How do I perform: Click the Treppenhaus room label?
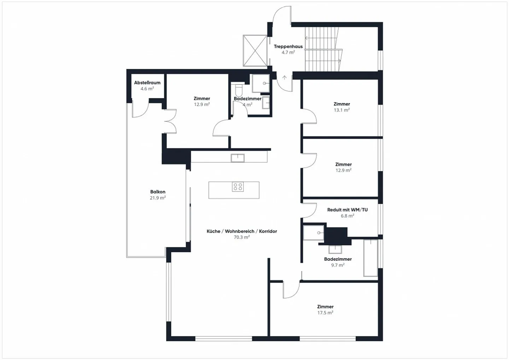pos(288,46)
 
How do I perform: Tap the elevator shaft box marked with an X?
pos(255,51)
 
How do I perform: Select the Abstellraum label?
pos(147,83)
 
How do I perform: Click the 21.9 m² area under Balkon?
pos(158,198)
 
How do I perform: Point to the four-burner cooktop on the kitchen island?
pos(238,187)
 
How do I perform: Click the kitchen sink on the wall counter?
pos(238,158)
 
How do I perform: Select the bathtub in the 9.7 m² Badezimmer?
pos(370,258)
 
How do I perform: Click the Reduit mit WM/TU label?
pos(347,210)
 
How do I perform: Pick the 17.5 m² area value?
pos(325,313)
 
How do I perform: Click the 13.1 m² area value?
pos(341,110)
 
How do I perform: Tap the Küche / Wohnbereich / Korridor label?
pos(242,231)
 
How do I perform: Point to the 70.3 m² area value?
pos(242,237)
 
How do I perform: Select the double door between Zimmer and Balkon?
pos(170,121)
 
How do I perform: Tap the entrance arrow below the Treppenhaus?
pos(285,78)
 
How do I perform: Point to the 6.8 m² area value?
pos(347,216)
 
